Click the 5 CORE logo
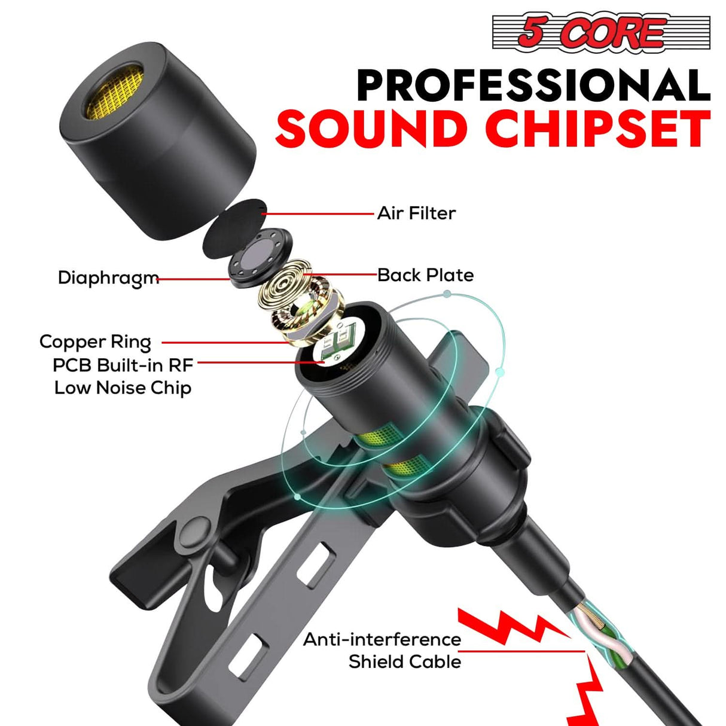600,32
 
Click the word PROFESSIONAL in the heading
533,86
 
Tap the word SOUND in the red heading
371,129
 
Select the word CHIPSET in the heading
598,129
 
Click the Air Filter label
416,213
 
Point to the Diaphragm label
108,278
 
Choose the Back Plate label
425,275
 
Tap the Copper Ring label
95,342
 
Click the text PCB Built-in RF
123,365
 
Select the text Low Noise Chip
123,388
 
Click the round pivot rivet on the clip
197,530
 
